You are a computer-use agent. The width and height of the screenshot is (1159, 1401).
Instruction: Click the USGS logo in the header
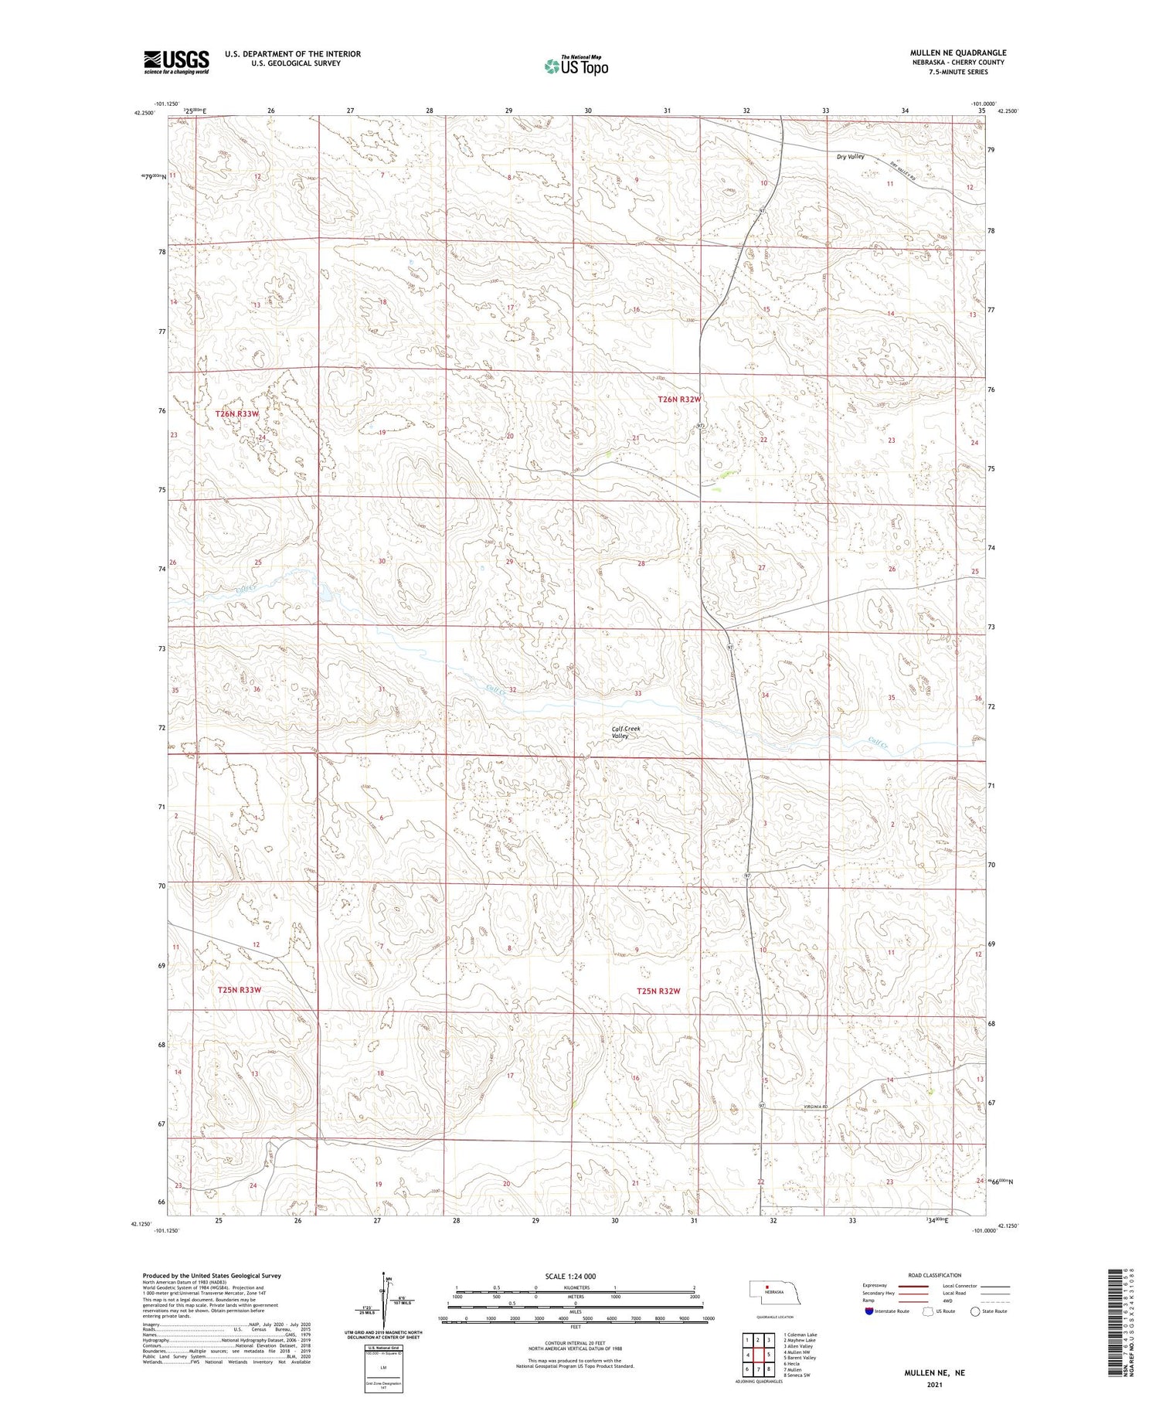(x=176, y=62)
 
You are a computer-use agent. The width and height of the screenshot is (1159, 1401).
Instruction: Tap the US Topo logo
(x=576, y=66)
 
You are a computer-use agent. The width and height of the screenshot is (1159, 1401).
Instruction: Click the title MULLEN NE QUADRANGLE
(x=957, y=53)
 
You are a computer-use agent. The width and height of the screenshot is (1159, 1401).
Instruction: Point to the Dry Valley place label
(x=850, y=157)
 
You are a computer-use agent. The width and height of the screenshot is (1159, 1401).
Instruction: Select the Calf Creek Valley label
(x=626, y=732)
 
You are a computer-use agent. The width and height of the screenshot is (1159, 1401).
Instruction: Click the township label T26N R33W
(x=236, y=414)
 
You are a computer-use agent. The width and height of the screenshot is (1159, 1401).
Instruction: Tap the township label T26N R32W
(x=679, y=400)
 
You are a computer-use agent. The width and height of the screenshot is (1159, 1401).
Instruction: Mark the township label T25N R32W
(x=658, y=991)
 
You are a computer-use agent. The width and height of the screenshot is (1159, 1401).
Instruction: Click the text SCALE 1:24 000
(x=570, y=1276)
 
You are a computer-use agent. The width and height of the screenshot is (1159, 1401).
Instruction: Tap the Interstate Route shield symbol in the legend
(x=868, y=1311)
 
